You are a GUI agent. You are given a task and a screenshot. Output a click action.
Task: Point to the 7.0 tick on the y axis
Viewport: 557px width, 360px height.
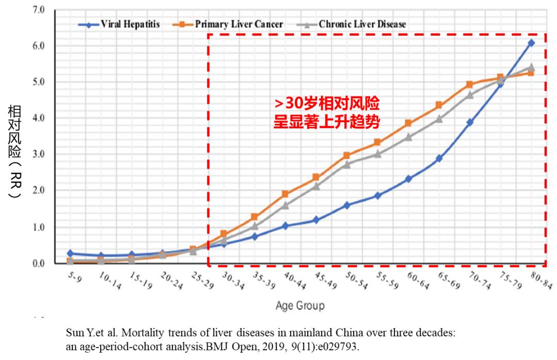tap(39, 10)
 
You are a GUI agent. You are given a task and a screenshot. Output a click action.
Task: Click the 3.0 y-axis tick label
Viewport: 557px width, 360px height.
tap(39, 154)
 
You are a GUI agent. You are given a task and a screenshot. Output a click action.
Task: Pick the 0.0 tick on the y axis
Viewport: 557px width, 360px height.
tap(39, 264)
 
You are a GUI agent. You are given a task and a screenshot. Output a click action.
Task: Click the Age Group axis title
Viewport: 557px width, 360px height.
tap(300, 305)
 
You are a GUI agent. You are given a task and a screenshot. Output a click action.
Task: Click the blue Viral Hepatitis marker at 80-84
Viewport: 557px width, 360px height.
tap(531, 43)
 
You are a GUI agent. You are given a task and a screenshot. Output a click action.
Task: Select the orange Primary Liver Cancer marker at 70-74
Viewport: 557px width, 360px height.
tap(469, 84)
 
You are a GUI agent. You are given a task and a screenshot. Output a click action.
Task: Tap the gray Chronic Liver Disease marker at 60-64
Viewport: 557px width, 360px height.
tap(408, 137)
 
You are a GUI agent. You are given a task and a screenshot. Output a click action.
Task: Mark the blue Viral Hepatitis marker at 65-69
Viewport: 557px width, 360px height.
tap(439, 158)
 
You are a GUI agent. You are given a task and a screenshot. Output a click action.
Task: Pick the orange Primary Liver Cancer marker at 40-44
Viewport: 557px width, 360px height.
tap(285, 194)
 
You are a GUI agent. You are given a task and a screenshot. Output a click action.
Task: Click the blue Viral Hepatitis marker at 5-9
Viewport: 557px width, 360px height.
tap(70, 253)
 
